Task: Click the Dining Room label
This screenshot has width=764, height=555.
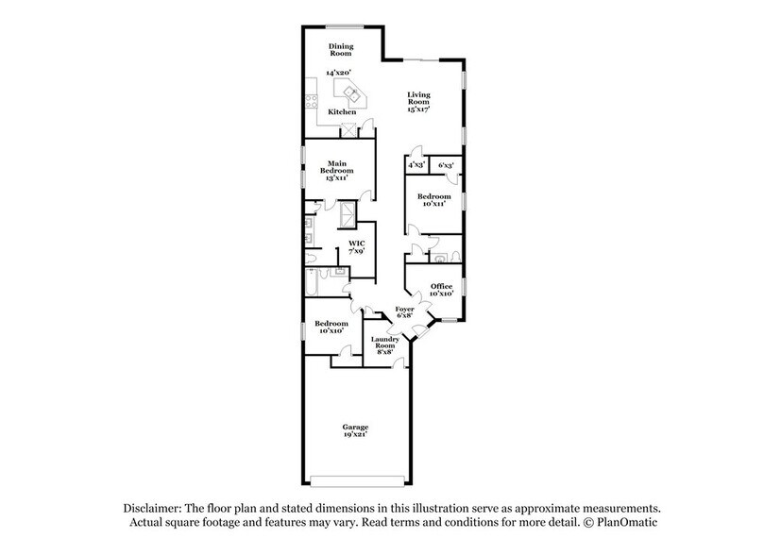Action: (341, 49)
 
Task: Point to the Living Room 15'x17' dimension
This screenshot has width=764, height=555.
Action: (418, 109)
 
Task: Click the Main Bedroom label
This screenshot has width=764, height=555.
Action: (339, 165)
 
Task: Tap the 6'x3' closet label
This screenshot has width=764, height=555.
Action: (447, 165)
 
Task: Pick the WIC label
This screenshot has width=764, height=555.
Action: (356, 244)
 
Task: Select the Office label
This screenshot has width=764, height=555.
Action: (442, 286)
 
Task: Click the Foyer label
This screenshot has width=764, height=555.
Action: (405, 310)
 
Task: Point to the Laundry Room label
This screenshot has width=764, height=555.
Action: (384, 341)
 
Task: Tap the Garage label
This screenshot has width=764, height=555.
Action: (356, 427)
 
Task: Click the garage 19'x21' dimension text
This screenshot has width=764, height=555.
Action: (356, 435)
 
